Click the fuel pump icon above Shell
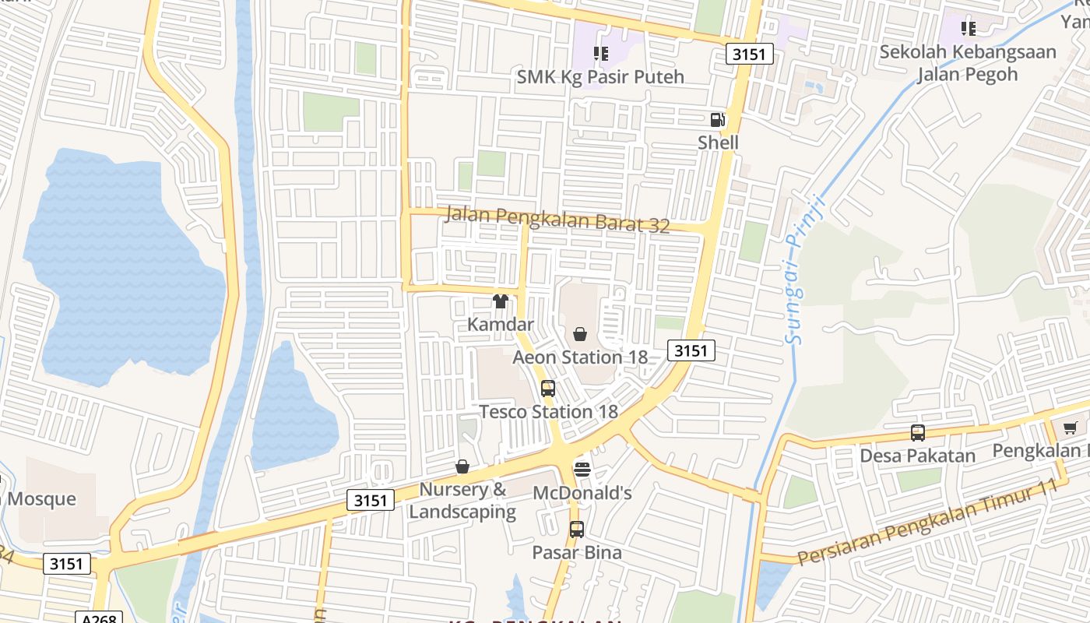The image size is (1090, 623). tap(717, 120)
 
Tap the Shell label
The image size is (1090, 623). tap(718, 143)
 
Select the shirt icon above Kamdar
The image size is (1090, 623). tap(500, 301)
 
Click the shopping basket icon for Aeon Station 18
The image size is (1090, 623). tap(580, 334)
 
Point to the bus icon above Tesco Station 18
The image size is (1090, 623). tap(548, 389)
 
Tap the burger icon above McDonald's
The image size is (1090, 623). tap(582, 469)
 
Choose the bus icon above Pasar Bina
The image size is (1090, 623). tap(576, 530)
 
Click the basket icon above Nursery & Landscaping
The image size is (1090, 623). tap(462, 466)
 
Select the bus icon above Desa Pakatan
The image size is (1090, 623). tap(918, 433)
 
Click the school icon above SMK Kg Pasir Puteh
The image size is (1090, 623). tap(600, 54)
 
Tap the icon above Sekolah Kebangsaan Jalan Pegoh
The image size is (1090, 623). tap(968, 30)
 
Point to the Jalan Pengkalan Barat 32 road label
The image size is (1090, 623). tap(557, 220)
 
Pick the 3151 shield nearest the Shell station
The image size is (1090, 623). tap(751, 54)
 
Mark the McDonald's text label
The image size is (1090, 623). tap(582, 493)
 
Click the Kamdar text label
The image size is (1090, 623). tap(501, 324)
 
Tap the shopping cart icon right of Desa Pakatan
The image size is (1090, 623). tap(1071, 428)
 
